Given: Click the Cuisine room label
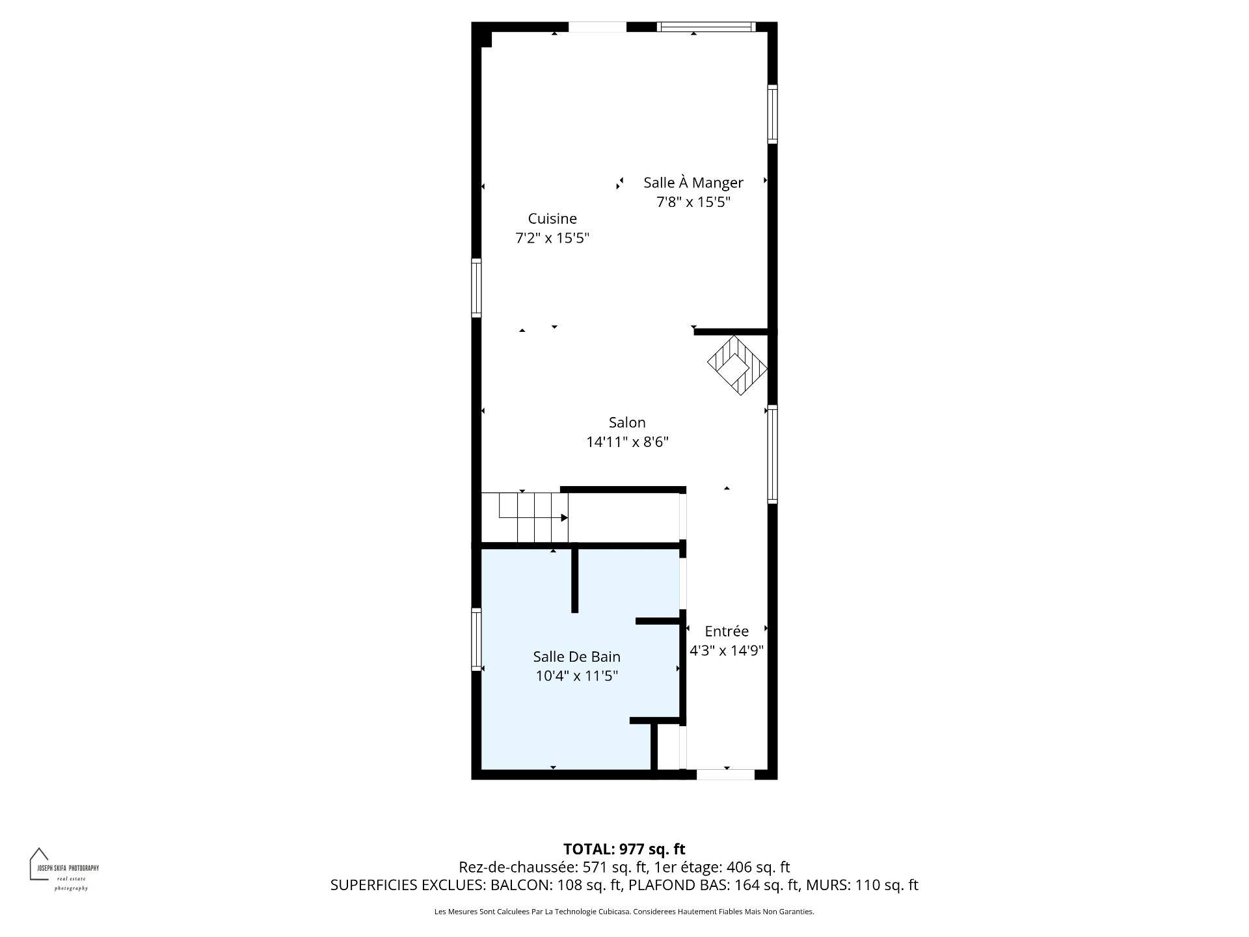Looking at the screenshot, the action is [x=552, y=219].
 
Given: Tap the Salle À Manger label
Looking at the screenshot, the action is [x=693, y=183].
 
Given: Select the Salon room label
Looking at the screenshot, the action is [x=627, y=422].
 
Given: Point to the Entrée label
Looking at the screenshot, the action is [x=727, y=631].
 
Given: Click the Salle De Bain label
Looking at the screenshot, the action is [x=576, y=657].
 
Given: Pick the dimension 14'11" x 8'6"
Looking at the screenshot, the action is [x=627, y=442].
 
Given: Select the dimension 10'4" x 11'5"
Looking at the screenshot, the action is [x=576, y=676].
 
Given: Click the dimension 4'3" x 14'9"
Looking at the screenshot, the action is [x=727, y=651].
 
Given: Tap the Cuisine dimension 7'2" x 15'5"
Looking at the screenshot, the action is [x=552, y=238].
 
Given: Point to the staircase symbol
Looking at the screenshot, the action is [x=524, y=517].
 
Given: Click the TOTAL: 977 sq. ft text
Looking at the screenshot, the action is [x=624, y=849].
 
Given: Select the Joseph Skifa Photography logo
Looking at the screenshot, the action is [x=64, y=869].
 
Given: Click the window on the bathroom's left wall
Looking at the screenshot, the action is [x=476, y=640].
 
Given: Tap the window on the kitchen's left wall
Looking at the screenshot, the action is [x=476, y=288].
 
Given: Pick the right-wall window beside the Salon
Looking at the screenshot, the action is [x=772, y=454].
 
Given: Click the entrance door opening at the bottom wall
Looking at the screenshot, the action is [x=725, y=774].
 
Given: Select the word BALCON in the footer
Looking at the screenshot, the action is [x=518, y=885].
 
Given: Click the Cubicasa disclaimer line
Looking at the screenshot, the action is [x=624, y=912].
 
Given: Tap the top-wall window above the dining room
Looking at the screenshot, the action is [x=706, y=27].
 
